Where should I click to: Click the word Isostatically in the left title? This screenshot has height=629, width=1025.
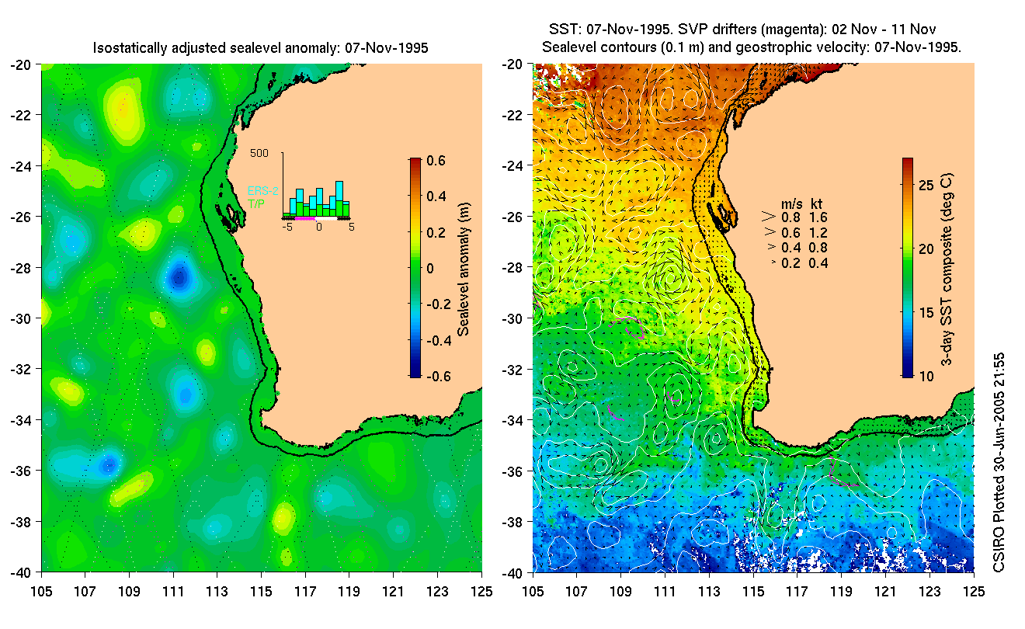click(x=130, y=48)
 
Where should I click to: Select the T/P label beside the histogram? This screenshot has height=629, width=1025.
click(x=255, y=203)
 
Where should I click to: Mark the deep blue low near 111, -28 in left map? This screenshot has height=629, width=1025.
click(x=179, y=276)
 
